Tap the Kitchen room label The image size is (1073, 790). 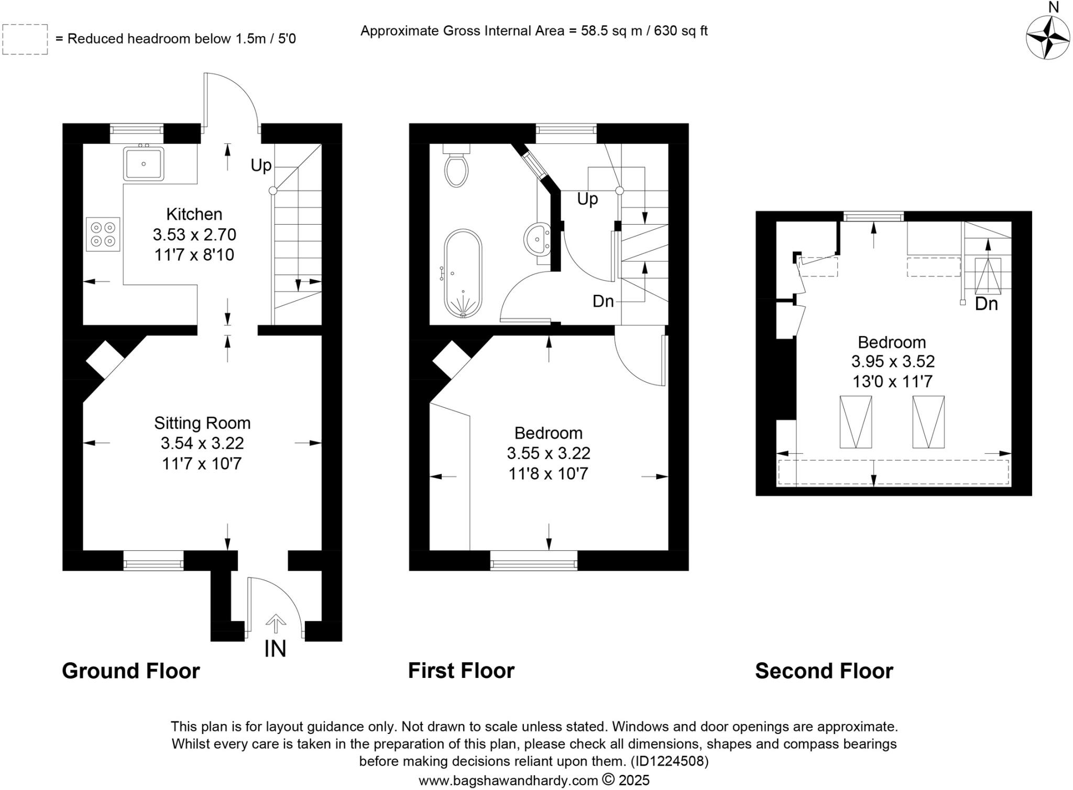pyautogui.click(x=194, y=214)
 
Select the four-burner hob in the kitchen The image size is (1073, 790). pyautogui.click(x=103, y=235)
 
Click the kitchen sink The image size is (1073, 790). pyautogui.click(x=144, y=164)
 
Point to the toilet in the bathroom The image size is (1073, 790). pyautogui.click(x=456, y=165)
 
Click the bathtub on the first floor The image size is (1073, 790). pyautogui.click(x=463, y=273)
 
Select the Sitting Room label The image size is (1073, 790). pyautogui.click(x=202, y=423)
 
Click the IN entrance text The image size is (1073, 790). pyautogui.click(x=275, y=649)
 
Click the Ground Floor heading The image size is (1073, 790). pyautogui.click(x=131, y=671)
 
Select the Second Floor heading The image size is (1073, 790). pyautogui.click(x=824, y=671)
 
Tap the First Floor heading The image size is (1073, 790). pyautogui.click(x=461, y=671)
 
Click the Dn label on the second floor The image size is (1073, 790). pyautogui.click(x=986, y=304)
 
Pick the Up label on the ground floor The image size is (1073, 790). pyautogui.click(x=261, y=165)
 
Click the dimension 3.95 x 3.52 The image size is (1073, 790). pyautogui.click(x=893, y=362)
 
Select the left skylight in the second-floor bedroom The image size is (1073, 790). pyautogui.click(x=856, y=422)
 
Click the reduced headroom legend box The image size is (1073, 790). pyautogui.click(x=25, y=39)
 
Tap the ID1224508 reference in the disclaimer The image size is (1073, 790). pyautogui.click(x=670, y=761)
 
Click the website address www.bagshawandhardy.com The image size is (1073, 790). pyautogui.click(x=508, y=781)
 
